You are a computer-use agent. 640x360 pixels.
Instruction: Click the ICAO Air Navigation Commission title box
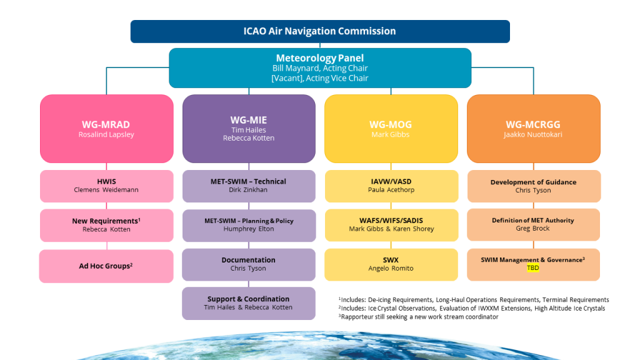tap(319, 31)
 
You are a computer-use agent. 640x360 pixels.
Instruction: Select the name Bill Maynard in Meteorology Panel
tap(297, 68)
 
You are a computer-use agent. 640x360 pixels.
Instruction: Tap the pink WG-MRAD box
tap(106, 128)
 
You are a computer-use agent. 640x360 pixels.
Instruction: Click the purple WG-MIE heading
tap(248, 119)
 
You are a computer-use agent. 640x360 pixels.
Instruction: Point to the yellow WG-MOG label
tap(391, 124)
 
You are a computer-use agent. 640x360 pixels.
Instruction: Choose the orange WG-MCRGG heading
tap(533, 124)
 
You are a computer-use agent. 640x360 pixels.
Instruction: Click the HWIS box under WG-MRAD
tap(106, 186)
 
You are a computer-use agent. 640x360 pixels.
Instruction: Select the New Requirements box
tap(106, 225)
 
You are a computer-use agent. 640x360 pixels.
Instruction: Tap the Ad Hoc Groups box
tap(106, 266)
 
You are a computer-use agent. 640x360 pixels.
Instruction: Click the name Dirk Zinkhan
tap(248, 190)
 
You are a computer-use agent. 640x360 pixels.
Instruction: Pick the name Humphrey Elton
tap(248, 229)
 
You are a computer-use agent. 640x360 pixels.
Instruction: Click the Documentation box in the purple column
tap(248, 264)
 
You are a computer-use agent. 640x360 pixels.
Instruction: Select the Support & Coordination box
tap(248, 303)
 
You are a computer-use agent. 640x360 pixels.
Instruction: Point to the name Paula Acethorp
tap(391, 190)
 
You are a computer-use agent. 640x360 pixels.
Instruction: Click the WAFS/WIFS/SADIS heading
tap(391, 221)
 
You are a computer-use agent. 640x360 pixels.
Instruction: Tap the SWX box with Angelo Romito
tap(391, 264)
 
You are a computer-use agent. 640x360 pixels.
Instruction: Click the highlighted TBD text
tap(533, 267)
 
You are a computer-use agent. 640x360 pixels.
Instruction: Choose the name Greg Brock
tap(533, 229)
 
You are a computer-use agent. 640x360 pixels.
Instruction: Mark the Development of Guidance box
tap(533, 186)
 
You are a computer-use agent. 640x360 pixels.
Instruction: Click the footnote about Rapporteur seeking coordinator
tap(419, 316)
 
